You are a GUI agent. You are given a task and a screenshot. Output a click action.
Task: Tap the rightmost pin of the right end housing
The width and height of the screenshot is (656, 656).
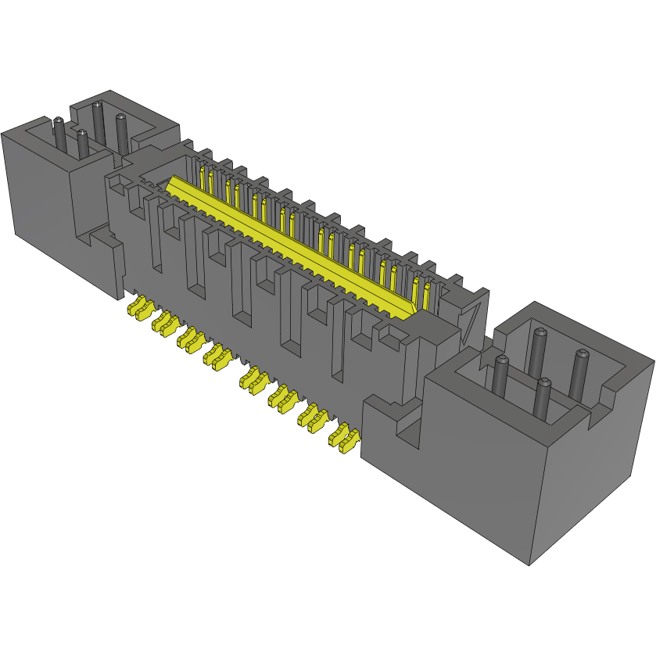tap(580, 371)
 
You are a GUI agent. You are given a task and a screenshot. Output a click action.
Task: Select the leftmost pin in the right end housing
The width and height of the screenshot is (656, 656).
tap(501, 376)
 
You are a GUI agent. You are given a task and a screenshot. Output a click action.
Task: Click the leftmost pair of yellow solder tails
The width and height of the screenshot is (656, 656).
tap(138, 308)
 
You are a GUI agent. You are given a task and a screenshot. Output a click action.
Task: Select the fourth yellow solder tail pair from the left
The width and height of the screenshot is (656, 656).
tap(217, 357)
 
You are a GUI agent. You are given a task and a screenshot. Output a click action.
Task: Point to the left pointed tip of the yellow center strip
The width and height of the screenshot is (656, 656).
tap(168, 185)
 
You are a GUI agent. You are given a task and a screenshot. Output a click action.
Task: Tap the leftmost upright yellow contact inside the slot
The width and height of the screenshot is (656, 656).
tap(202, 176)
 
